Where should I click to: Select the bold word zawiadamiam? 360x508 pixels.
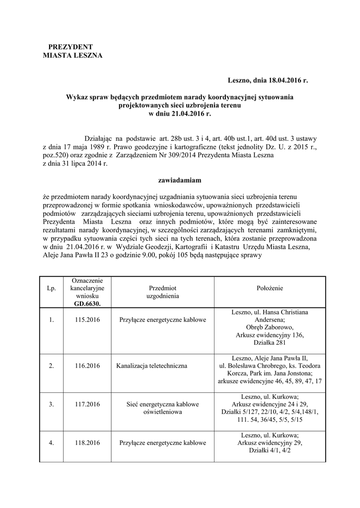coord(179,181)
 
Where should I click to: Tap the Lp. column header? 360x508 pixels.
coord(52,288)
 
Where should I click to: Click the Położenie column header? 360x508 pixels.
coord(270,288)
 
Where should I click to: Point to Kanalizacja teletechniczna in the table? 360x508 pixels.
coord(152,366)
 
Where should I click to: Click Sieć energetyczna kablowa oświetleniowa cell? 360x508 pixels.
coord(162,408)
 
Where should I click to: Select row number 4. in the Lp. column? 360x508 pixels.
coord(52,443)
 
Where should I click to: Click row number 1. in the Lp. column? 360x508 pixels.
coord(52,320)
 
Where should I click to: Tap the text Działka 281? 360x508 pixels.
coord(270,343)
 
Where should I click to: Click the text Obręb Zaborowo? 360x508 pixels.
coord(270,327)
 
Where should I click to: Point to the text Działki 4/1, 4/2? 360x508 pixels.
coord(270,450)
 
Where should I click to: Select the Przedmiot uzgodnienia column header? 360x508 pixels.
coord(162,292)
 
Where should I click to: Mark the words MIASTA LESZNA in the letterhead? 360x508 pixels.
coord(72,56)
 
